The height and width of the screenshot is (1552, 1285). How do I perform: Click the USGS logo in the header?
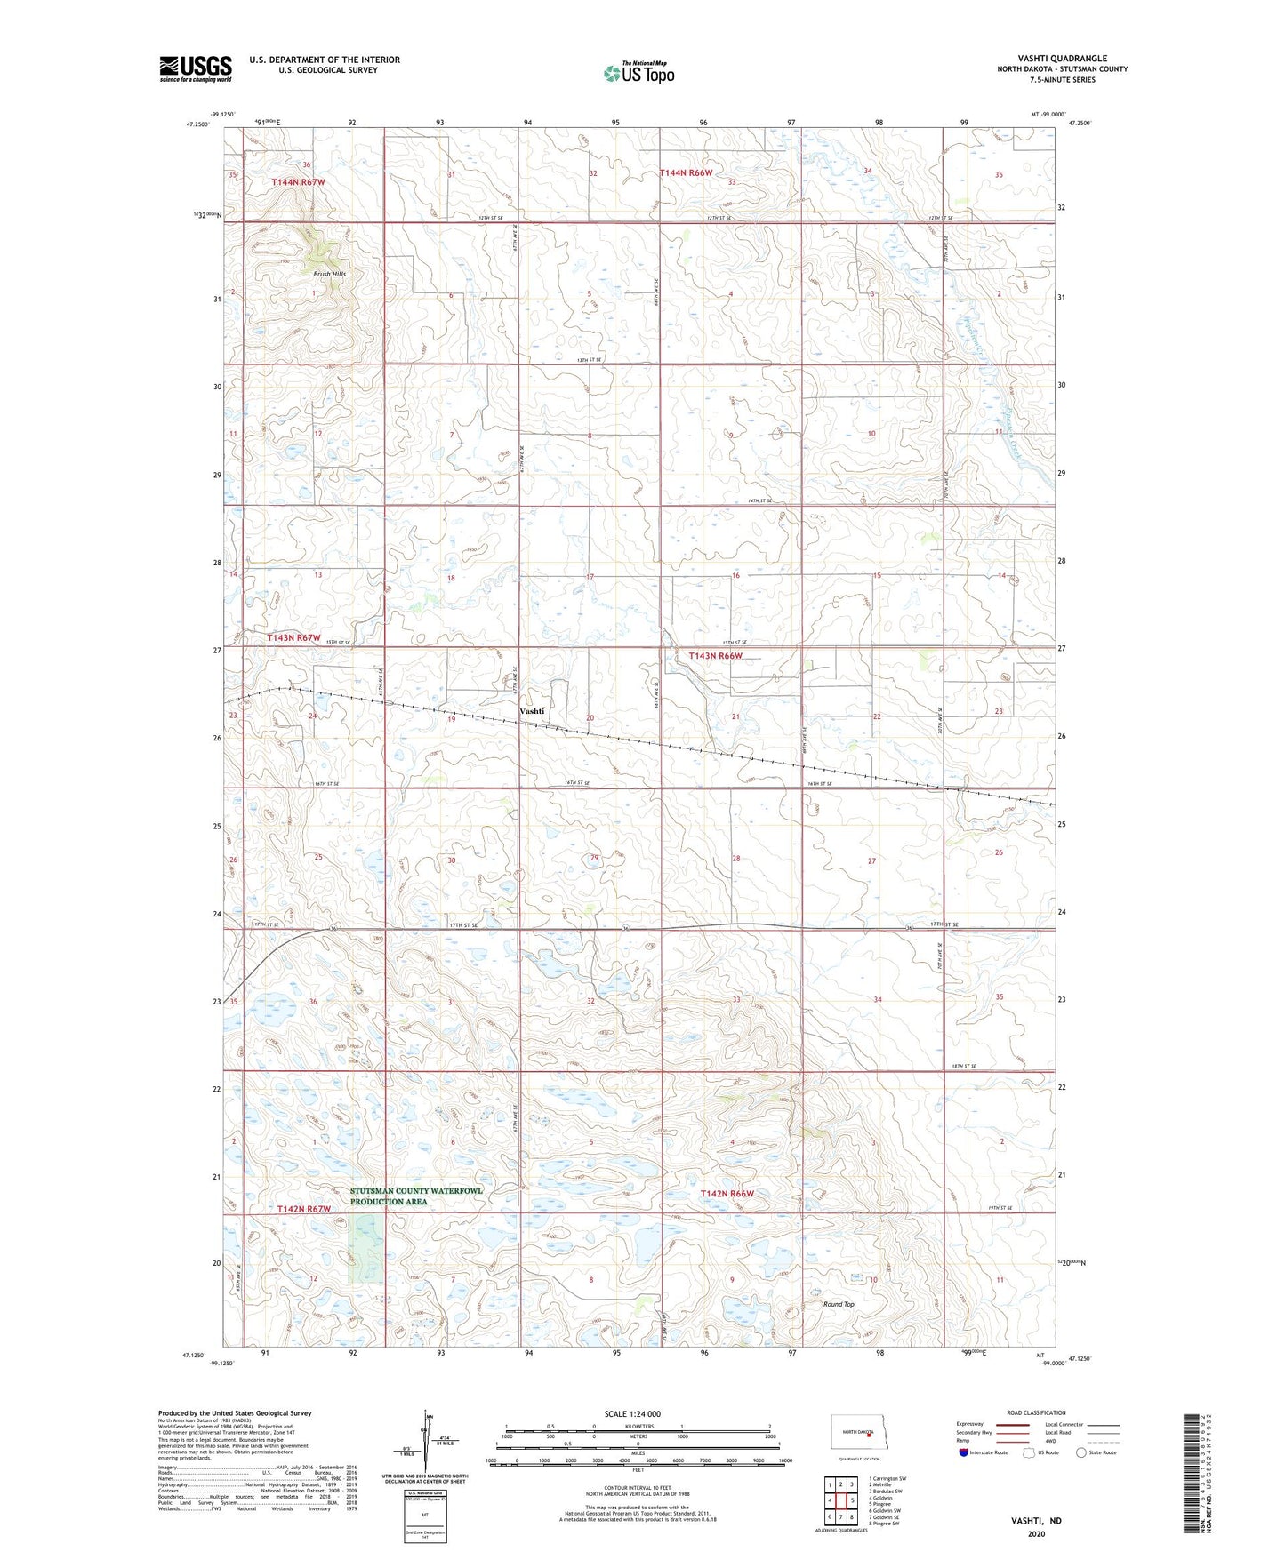(195, 68)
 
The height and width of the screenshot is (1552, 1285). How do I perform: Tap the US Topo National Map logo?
(638, 72)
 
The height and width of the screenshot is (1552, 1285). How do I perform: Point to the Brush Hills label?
(329, 274)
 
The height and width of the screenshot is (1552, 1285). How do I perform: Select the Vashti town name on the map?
(532, 711)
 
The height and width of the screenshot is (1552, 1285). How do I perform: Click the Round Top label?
(838, 1304)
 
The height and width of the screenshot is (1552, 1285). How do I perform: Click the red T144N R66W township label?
(686, 172)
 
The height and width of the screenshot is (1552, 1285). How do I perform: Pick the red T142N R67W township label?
(303, 1209)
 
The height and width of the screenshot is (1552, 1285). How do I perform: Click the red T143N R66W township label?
(715, 655)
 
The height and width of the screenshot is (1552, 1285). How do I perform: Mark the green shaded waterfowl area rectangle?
(365, 1248)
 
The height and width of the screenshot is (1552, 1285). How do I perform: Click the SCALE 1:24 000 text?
(632, 1413)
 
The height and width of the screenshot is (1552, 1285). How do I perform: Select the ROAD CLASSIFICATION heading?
(1036, 1412)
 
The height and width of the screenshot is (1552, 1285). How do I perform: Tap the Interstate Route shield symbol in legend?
(965, 1452)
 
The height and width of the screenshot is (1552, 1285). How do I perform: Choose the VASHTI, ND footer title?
(1036, 1521)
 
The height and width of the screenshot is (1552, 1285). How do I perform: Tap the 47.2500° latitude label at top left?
(197, 124)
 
